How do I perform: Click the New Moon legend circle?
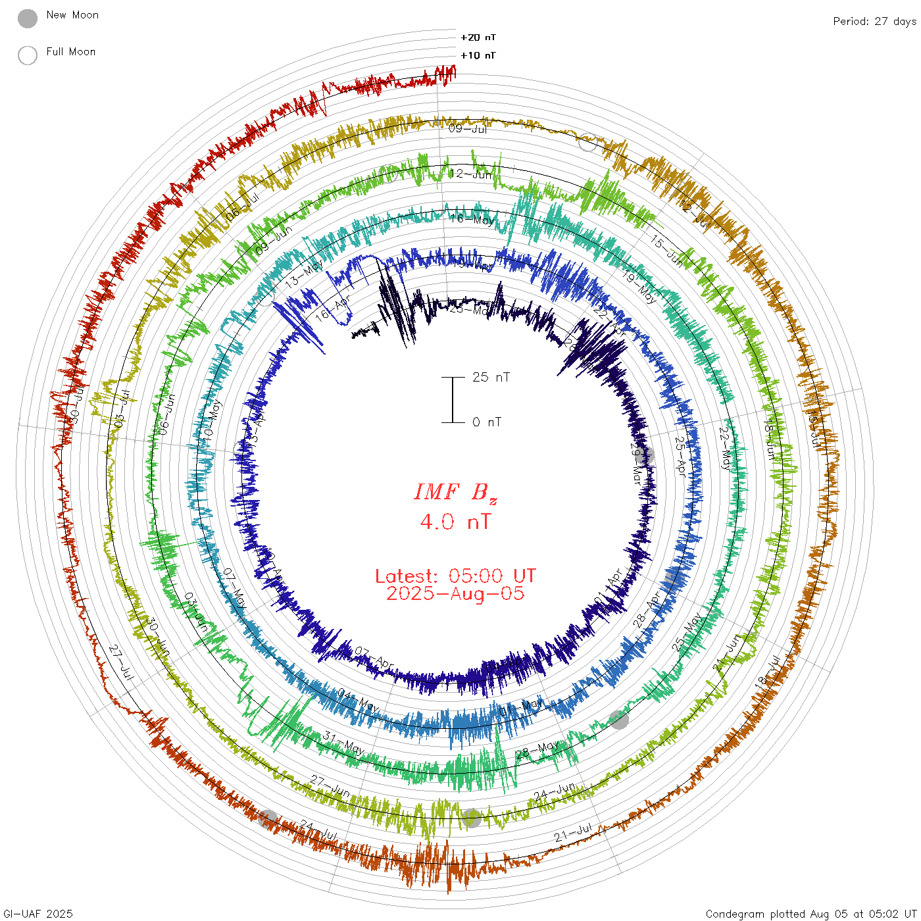(28, 18)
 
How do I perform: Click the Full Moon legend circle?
(28, 55)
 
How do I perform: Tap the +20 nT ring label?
(478, 37)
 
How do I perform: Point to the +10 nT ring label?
(478, 55)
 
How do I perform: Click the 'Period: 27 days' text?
(874, 21)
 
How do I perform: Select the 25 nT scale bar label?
(491, 377)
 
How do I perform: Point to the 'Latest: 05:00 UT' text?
(455, 576)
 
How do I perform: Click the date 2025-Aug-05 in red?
(455, 593)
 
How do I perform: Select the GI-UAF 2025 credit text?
(37, 914)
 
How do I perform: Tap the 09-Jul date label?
(468, 128)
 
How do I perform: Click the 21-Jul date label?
(573, 833)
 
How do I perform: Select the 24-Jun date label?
(555, 791)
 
